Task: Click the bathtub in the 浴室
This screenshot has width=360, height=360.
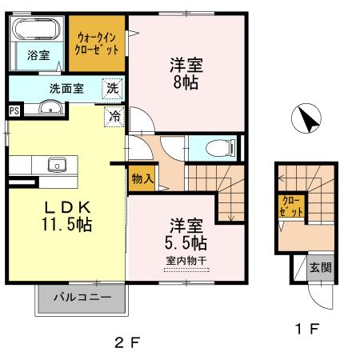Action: tap(38, 31)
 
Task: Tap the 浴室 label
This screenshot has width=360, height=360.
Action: tap(38, 56)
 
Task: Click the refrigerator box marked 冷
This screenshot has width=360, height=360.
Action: tap(114, 116)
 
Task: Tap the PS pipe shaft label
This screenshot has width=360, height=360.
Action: tap(14, 110)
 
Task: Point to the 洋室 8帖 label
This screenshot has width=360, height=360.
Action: tap(185, 73)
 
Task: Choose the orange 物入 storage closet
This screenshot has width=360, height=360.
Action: tap(142, 180)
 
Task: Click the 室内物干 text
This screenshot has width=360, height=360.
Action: tap(186, 260)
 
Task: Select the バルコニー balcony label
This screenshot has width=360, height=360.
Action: tap(82, 298)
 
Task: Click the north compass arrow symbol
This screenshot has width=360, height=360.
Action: tap(306, 122)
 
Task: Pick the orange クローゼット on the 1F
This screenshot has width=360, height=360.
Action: tap(292, 206)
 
